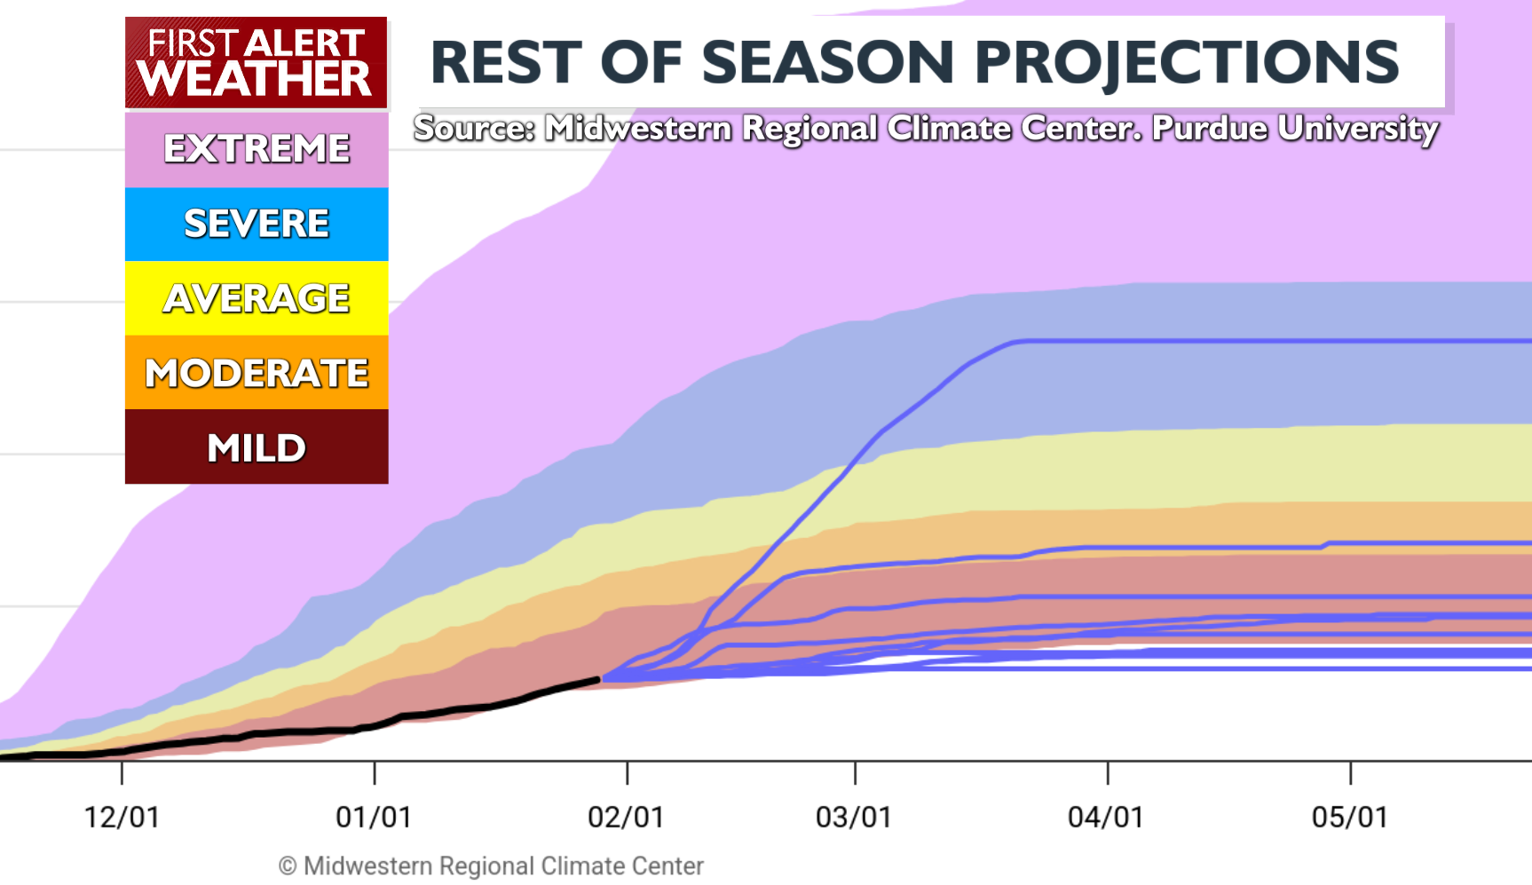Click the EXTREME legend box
coord(257,148)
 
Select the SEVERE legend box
coord(257,224)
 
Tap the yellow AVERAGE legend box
coord(257,298)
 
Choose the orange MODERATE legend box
coord(257,373)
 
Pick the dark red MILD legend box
coord(257,447)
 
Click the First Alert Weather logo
coord(256,62)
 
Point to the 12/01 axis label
coord(122,817)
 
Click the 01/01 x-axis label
coord(374,817)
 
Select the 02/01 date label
coord(626,817)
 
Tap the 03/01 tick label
coord(854,817)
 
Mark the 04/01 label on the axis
coord(1106,817)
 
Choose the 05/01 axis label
coord(1350,817)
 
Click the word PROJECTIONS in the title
coord(1187,63)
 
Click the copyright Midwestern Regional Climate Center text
coord(492,865)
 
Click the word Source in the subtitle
coord(472,129)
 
